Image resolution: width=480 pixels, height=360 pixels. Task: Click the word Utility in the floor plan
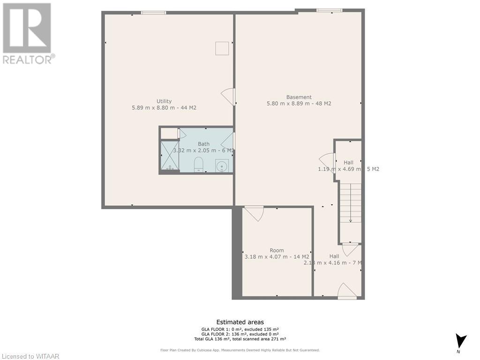(x=164, y=101)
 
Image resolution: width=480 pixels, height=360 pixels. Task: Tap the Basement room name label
(x=299, y=97)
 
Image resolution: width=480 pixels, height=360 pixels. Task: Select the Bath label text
(x=203, y=144)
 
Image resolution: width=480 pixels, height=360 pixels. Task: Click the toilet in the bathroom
(x=198, y=165)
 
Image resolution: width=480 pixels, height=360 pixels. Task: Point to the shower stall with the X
(x=169, y=156)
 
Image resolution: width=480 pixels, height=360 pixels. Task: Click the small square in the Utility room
(x=222, y=48)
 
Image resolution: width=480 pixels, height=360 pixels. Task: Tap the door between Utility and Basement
(x=229, y=97)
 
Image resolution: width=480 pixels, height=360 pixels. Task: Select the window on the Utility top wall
(x=153, y=13)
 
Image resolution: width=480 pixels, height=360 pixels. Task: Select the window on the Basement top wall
(x=329, y=10)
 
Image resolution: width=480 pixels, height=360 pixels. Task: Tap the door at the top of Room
(x=254, y=212)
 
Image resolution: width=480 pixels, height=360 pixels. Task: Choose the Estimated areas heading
(x=240, y=322)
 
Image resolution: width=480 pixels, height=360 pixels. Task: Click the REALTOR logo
(x=28, y=33)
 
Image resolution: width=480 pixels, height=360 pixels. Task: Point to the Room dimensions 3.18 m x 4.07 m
(x=277, y=256)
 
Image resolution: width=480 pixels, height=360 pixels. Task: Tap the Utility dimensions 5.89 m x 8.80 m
(x=164, y=108)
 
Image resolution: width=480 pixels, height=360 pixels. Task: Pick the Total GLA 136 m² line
(x=240, y=339)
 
